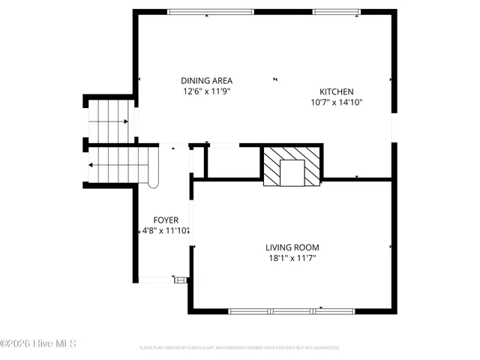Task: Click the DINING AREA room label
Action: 206,80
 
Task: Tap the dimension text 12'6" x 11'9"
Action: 206,91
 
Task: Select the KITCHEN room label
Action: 337,91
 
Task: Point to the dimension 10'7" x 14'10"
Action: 337,103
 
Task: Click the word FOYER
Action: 166,220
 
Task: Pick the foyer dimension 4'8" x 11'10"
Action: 166,231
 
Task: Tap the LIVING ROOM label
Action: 292,247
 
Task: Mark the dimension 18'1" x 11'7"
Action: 292,259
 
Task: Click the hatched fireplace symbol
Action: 292,166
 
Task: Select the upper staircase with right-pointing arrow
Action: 109,120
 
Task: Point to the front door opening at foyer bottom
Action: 155,280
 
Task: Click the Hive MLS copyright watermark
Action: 39,343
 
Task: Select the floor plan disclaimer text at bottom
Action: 239,348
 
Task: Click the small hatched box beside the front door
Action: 180,280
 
